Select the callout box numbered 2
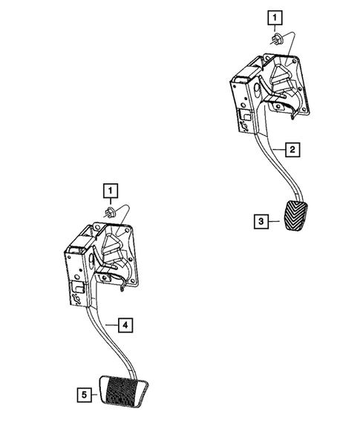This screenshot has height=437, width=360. [293, 150]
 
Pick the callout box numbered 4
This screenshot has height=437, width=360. [128, 324]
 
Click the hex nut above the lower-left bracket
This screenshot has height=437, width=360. [111, 214]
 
